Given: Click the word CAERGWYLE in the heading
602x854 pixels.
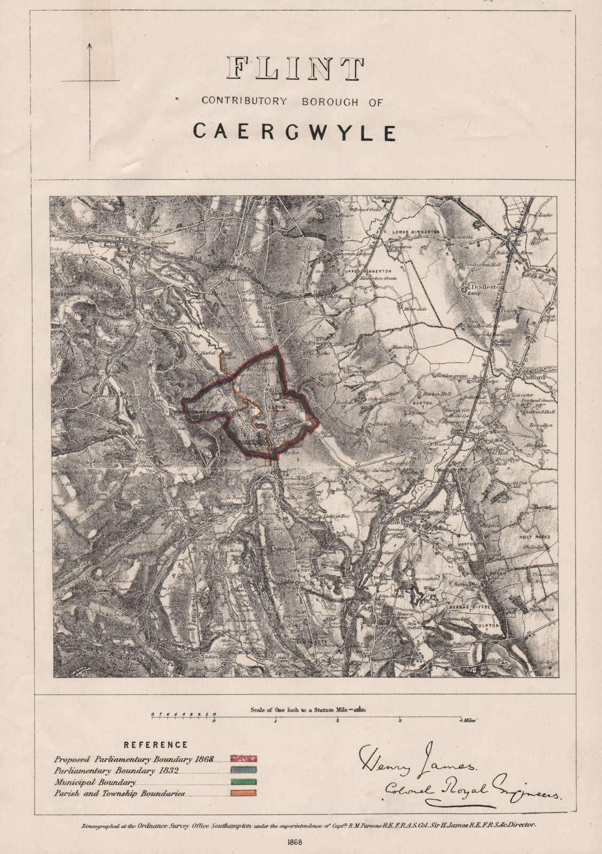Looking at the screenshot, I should click(294, 131).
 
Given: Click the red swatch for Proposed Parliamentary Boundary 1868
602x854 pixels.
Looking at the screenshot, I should click(244, 758).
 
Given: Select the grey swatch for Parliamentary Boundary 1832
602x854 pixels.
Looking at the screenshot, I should click(244, 770).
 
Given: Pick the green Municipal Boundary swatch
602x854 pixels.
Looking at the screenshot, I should click(244, 782).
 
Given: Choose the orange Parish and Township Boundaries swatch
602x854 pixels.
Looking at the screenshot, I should click(244, 794).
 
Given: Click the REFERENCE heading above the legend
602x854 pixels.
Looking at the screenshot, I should click(156, 745).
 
